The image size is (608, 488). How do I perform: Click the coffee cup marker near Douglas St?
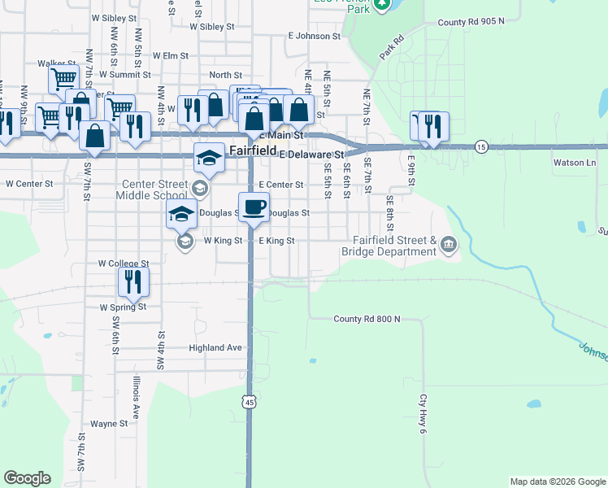pyautogui.click(x=254, y=206)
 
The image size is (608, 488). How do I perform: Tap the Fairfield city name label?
pyautogui.click(x=252, y=150)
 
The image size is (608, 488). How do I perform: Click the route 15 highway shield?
pyautogui.click(x=483, y=146)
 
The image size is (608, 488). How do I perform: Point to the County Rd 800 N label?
pyautogui.click(x=367, y=319)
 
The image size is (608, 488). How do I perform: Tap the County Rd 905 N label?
pyautogui.click(x=471, y=22)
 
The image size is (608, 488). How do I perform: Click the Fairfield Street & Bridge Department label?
pyautogui.click(x=389, y=246)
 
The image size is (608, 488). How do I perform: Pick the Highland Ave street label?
pyautogui.click(x=215, y=347)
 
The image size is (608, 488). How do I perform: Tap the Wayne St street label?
pyautogui.click(x=109, y=424)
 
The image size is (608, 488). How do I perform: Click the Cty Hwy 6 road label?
pyautogui.click(x=423, y=412)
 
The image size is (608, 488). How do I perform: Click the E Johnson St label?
pyautogui.click(x=314, y=36)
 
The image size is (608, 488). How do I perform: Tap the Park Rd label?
pyautogui.click(x=391, y=47)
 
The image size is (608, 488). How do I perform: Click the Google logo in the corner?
pyautogui.click(x=28, y=477)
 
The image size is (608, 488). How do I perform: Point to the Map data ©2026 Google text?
pyautogui.click(x=558, y=481)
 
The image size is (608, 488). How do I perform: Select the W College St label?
pyautogui.click(x=124, y=264)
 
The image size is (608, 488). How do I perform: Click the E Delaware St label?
pyautogui.click(x=312, y=153)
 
